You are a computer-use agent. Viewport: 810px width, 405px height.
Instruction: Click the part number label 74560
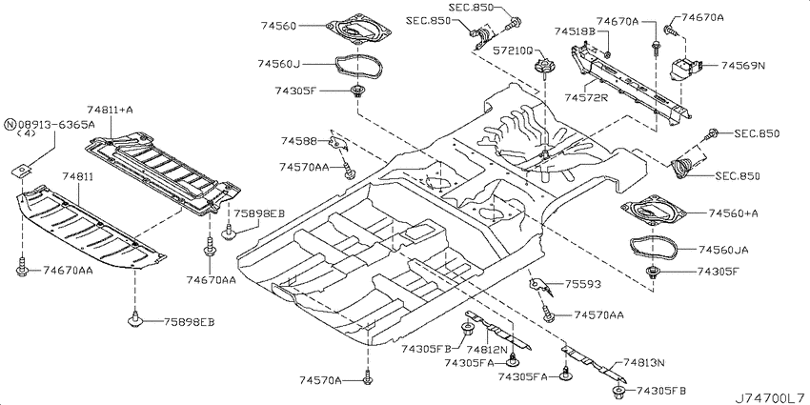tap(278, 26)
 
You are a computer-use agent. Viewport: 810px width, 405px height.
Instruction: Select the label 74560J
tap(278, 64)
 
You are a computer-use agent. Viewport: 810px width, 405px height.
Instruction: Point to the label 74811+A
tap(110, 109)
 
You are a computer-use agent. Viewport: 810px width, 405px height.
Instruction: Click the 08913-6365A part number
tap(57, 125)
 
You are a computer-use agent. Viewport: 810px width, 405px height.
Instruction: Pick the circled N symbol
tap(10, 125)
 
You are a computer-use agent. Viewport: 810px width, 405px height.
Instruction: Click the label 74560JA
tap(723, 250)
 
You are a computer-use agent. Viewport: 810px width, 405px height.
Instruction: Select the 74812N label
tap(487, 349)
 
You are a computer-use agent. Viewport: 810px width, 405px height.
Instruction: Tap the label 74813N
tap(643, 363)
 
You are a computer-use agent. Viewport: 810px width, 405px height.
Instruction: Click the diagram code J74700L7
tap(772, 397)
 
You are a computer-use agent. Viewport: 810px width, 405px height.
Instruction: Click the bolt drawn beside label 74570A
tap(368, 377)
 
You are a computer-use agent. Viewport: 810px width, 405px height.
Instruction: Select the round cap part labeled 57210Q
tap(544, 67)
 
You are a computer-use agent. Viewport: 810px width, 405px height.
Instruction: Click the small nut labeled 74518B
tap(608, 54)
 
